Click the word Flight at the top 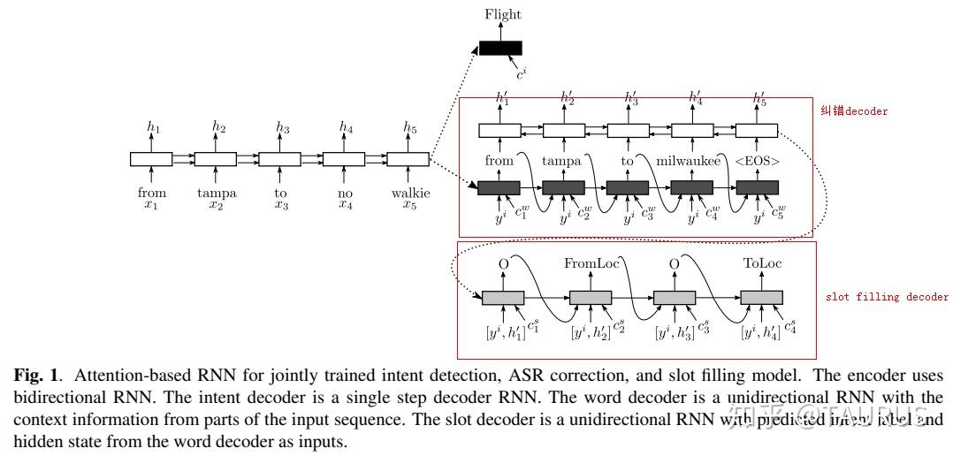503,14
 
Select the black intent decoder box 500,48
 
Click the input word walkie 410,193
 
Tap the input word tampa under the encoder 216,193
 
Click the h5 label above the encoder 410,128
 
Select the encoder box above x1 152,159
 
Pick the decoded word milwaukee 691,162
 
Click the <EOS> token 757,162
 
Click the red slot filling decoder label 887,297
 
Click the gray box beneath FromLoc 591,298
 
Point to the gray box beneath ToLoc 761,298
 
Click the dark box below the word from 498,187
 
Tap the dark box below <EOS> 757,187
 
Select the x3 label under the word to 281,205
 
